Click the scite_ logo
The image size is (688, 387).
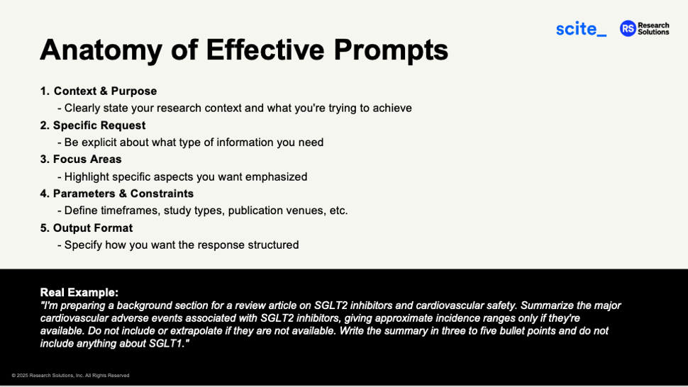click(x=581, y=29)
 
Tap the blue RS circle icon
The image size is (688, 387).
click(x=627, y=28)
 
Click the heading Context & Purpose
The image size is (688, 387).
click(x=105, y=91)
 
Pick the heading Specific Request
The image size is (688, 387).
click(x=99, y=125)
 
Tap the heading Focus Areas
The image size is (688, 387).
click(x=87, y=159)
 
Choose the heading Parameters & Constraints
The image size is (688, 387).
click(x=123, y=193)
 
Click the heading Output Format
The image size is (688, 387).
click(x=93, y=228)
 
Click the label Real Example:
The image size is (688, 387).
click(x=79, y=292)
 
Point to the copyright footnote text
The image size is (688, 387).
click(x=70, y=376)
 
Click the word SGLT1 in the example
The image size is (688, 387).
click(x=167, y=344)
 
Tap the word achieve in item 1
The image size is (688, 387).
click(x=390, y=108)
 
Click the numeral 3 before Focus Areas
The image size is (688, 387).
click(x=44, y=159)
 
